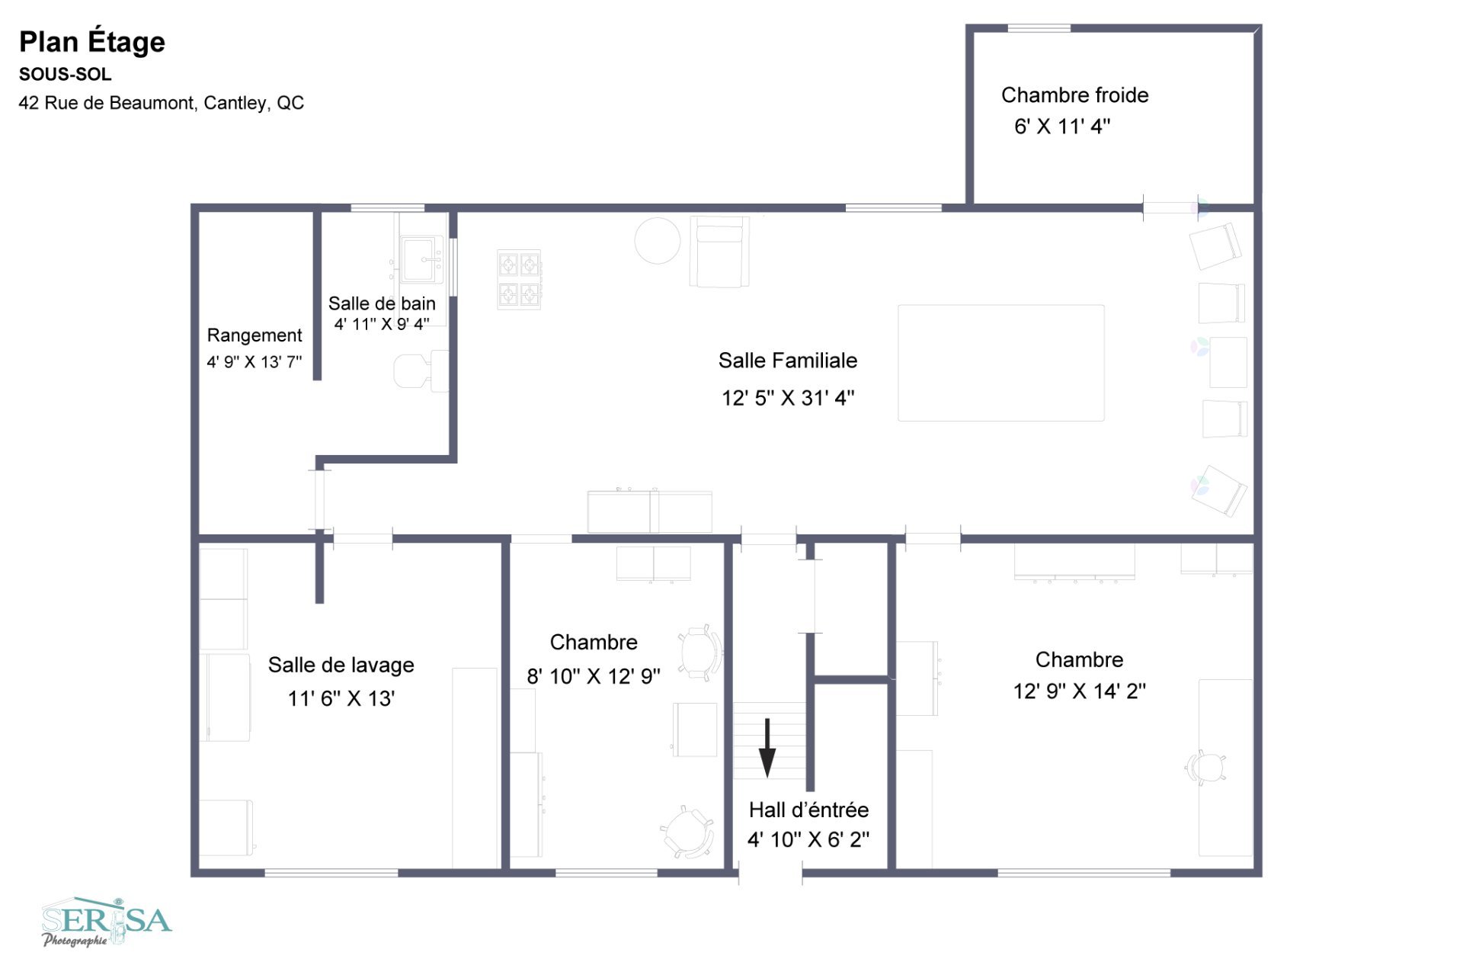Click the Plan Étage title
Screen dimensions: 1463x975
(92, 42)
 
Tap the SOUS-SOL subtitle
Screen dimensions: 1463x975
(66, 75)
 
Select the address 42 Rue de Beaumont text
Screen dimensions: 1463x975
(162, 103)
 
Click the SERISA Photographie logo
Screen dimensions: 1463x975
(107, 922)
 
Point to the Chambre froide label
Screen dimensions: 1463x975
(1074, 95)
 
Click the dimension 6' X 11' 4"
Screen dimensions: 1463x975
(1062, 127)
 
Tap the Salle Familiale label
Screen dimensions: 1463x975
(788, 361)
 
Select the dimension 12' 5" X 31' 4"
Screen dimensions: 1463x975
(788, 398)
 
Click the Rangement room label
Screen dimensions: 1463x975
(255, 335)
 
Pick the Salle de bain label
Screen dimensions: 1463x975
(382, 303)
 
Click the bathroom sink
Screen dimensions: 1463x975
(421, 259)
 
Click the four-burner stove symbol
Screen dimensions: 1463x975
(519, 279)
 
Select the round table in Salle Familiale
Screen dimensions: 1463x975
(658, 241)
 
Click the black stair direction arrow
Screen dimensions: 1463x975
(767, 748)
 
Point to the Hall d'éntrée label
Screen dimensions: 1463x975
(808, 810)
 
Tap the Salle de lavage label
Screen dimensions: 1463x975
(341, 666)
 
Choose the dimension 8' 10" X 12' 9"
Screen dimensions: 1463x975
(594, 676)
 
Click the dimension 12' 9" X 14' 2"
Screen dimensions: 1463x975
(1079, 691)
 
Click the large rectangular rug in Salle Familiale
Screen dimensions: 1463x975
(1001, 363)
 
